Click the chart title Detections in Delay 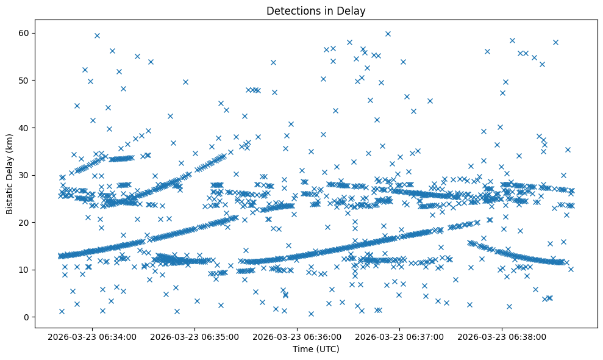(x=316, y=10)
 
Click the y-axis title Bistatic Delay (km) (x=10, y=173)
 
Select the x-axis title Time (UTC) (x=316, y=349)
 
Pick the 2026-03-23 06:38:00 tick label (x=502, y=336)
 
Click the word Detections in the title (x=290, y=10)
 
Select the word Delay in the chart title (x=352, y=10)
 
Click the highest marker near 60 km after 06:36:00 (x=388, y=34)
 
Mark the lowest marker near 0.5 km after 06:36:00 (x=311, y=314)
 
